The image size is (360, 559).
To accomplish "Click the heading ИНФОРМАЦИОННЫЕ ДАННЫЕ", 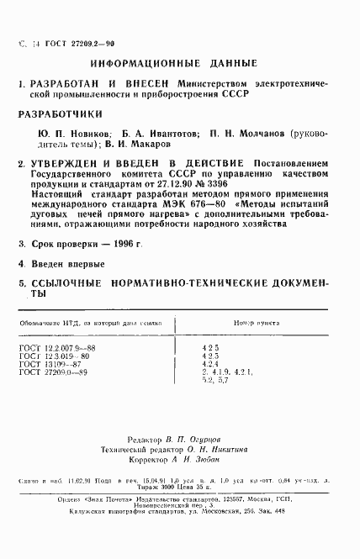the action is point(180,64).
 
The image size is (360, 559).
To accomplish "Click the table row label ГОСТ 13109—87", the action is point(65,363).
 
